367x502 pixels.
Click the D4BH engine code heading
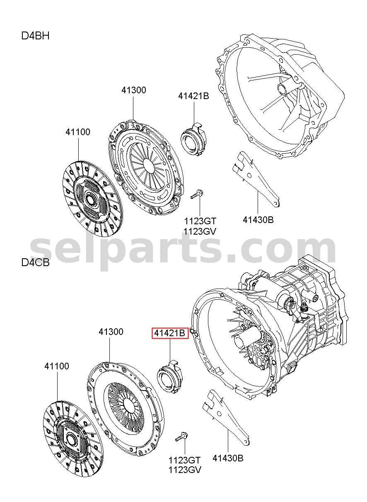(35, 36)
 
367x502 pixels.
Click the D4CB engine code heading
(35, 262)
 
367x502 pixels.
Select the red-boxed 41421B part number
(170, 333)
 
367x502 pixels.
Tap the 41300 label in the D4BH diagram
(134, 90)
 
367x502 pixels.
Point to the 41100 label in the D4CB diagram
(57, 366)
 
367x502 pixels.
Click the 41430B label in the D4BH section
(258, 220)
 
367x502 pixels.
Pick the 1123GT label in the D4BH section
(200, 221)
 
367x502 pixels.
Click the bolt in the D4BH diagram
(197, 194)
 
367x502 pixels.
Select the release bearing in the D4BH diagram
(194, 139)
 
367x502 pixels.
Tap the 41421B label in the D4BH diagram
(193, 96)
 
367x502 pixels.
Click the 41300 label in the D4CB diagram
(111, 332)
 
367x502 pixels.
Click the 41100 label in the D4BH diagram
(78, 132)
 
